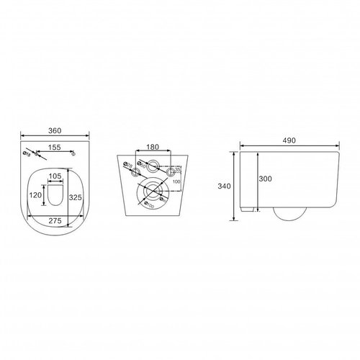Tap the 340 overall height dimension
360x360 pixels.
[225, 186]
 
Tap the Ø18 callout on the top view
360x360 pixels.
[27, 153]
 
